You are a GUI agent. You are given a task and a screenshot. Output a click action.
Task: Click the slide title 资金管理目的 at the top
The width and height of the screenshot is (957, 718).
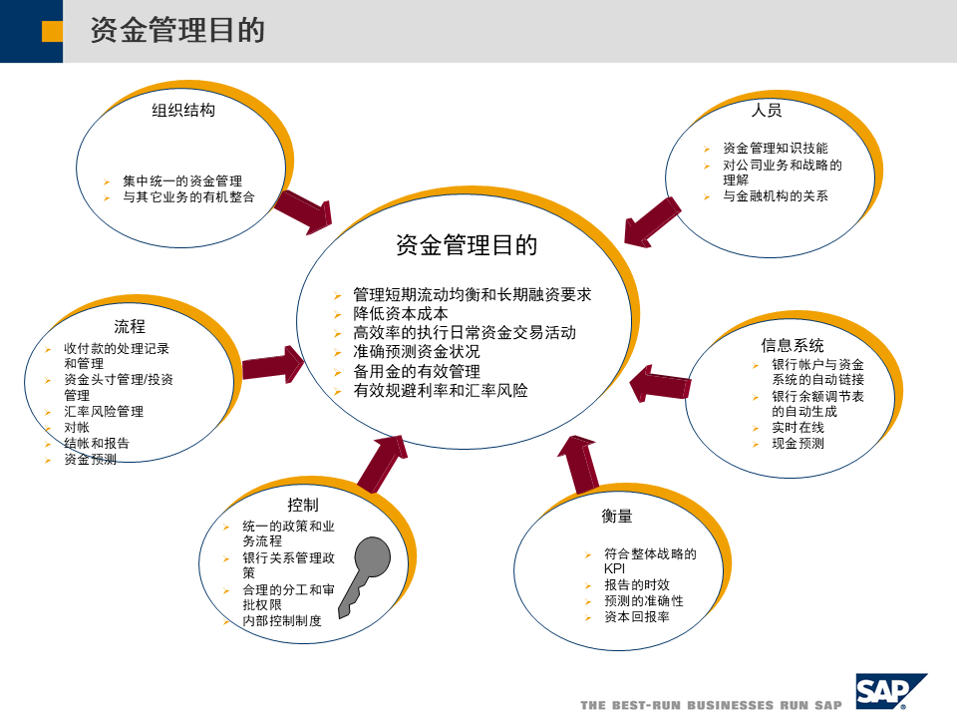(x=177, y=30)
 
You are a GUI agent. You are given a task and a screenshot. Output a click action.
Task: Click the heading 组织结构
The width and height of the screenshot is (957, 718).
(x=183, y=111)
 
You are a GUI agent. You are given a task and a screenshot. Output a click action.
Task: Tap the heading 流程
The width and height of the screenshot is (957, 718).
(x=130, y=326)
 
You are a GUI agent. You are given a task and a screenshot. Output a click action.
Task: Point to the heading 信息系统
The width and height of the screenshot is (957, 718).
(x=793, y=345)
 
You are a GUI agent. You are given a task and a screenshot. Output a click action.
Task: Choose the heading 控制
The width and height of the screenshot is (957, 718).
(x=303, y=505)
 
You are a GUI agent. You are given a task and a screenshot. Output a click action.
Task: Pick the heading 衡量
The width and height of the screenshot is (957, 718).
(x=617, y=516)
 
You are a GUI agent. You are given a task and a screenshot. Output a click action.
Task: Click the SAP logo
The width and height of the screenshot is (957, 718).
(x=889, y=691)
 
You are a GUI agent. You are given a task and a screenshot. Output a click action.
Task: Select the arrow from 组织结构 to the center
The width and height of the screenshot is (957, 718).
(x=304, y=209)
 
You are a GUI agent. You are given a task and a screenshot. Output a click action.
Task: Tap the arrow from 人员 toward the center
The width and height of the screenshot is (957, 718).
(x=653, y=220)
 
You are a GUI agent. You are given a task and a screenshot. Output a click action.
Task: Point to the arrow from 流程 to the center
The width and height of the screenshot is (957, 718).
(x=272, y=364)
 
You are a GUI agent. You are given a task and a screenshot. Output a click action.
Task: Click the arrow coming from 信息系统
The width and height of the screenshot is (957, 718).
(x=660, y=385)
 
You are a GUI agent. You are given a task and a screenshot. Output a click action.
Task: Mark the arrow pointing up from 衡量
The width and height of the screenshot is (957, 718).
(x=579, y=464)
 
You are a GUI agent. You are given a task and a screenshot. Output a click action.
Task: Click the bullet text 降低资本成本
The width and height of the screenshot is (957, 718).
(x=401, y=313)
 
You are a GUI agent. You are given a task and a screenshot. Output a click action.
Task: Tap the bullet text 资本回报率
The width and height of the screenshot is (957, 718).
(x=637, y=617)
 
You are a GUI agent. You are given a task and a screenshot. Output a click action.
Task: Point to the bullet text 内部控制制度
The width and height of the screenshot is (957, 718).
(x=282, y=620)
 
